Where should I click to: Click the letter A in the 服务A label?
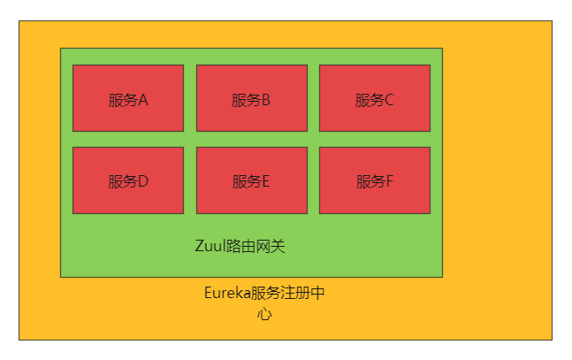click(x=142, y=100)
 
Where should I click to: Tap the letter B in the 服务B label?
click(x=265, y=100)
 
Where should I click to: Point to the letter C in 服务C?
click(x=389, y=100)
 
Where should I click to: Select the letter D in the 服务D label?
click(x=142, y=181)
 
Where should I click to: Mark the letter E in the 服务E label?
click(x=265, y=181)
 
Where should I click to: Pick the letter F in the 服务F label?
click(x=389, y=181)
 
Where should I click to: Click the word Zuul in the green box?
click(x=210, y=246)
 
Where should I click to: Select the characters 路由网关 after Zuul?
click(x=256, y=246)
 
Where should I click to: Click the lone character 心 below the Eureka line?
click(x=264, y=314)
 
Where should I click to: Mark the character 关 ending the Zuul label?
click(x=278, y=246)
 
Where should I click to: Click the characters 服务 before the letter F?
click(x=370, y=181)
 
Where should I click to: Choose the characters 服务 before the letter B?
click(x=246, y=100)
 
